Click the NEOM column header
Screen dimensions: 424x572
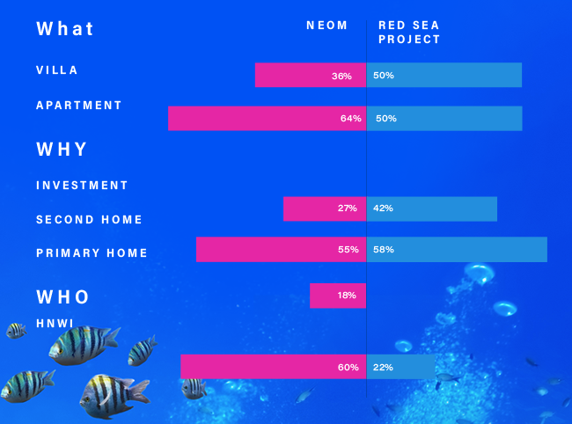pyautogui.click(x=327, y=26)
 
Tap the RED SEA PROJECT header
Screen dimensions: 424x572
pyautogui.click(x=409, y=33)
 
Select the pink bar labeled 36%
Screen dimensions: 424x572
pyautogui.click(x=310, y=76)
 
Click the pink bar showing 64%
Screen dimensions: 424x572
pyautogui.click(x=267, y=119)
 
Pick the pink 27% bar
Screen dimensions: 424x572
pyautogui.click(x=324, y=208)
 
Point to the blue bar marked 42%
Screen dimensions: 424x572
pyautogui.click(x=431, y=208)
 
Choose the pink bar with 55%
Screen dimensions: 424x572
pyautogui.click(x=281, y=250)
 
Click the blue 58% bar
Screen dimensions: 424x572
pyautogui.click(x=457, y=250)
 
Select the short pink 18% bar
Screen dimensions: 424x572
pyautogui.click(x=337, y=296)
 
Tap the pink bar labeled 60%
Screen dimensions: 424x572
pyautogui.click(x=273, y=367)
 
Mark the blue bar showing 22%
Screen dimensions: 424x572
pyautogui.click(x=400, y=367)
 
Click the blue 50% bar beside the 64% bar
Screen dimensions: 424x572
pyautogui.click(x=444, y=119)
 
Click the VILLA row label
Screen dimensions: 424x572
pyautogui.click(x=57, y=70)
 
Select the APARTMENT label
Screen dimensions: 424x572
pyautogui.click(x=79, y=106)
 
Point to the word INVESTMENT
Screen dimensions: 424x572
pyautogui.click(x=83, y=186)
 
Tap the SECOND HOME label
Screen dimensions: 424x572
pyautogui.click(x=89, y=220)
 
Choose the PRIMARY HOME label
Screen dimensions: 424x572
pyautogui.click(x=92, y=253)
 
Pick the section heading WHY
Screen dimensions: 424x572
pyautogui.click(x=62, y=150)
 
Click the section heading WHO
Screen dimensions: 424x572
pyautogui.click(x=63, y=296)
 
